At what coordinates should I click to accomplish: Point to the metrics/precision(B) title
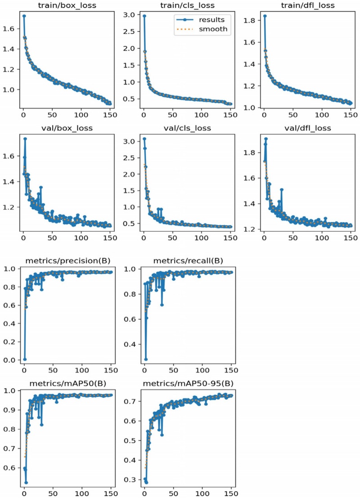pyautogui.click(x=67, y=262)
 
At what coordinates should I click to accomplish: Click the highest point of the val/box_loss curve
pyautogui.click(x=25, y=139)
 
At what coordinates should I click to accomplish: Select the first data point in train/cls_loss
pyautogui.click(x=144, y=16)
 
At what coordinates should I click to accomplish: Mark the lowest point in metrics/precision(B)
pyautogui.click(x=24, y=359)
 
